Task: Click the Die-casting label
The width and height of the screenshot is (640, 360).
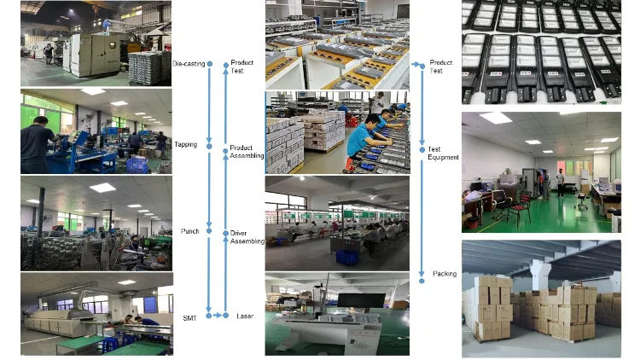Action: [188, 64]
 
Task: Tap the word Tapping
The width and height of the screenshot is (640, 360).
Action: [185, 145]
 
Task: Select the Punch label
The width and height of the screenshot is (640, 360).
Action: [189, 231]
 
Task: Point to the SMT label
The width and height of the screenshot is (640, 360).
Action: [189, 317]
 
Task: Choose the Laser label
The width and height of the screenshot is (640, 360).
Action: [245, 316]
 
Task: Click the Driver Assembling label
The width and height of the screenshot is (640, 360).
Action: [247, 237]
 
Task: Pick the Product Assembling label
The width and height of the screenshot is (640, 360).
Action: [247, 152]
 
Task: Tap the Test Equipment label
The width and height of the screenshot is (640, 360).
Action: [443, 154]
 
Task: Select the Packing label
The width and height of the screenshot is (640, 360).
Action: [444, 274]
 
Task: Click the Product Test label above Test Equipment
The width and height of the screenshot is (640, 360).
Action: [441, 67]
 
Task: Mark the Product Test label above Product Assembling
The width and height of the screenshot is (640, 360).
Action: [242, 67]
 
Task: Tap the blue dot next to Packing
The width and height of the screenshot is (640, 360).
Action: [422, 275]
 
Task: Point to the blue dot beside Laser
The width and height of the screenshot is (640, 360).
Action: [226, 316]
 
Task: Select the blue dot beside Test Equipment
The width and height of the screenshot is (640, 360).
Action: [422, 150]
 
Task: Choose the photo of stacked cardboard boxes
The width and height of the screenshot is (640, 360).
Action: [541, 299]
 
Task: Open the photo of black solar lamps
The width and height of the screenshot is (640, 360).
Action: [541, 51]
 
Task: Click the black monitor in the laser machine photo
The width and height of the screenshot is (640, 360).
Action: [362, 301]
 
